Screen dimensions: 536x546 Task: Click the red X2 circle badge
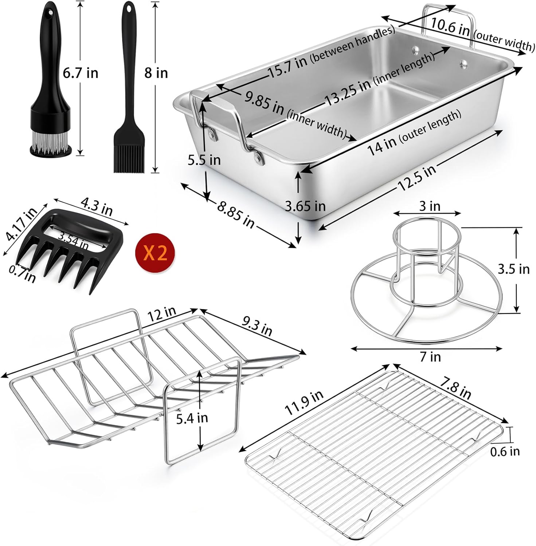(x=155, y=252)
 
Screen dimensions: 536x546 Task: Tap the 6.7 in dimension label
(x=80, y=73)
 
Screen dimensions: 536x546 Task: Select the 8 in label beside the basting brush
(x=156, y=73)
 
